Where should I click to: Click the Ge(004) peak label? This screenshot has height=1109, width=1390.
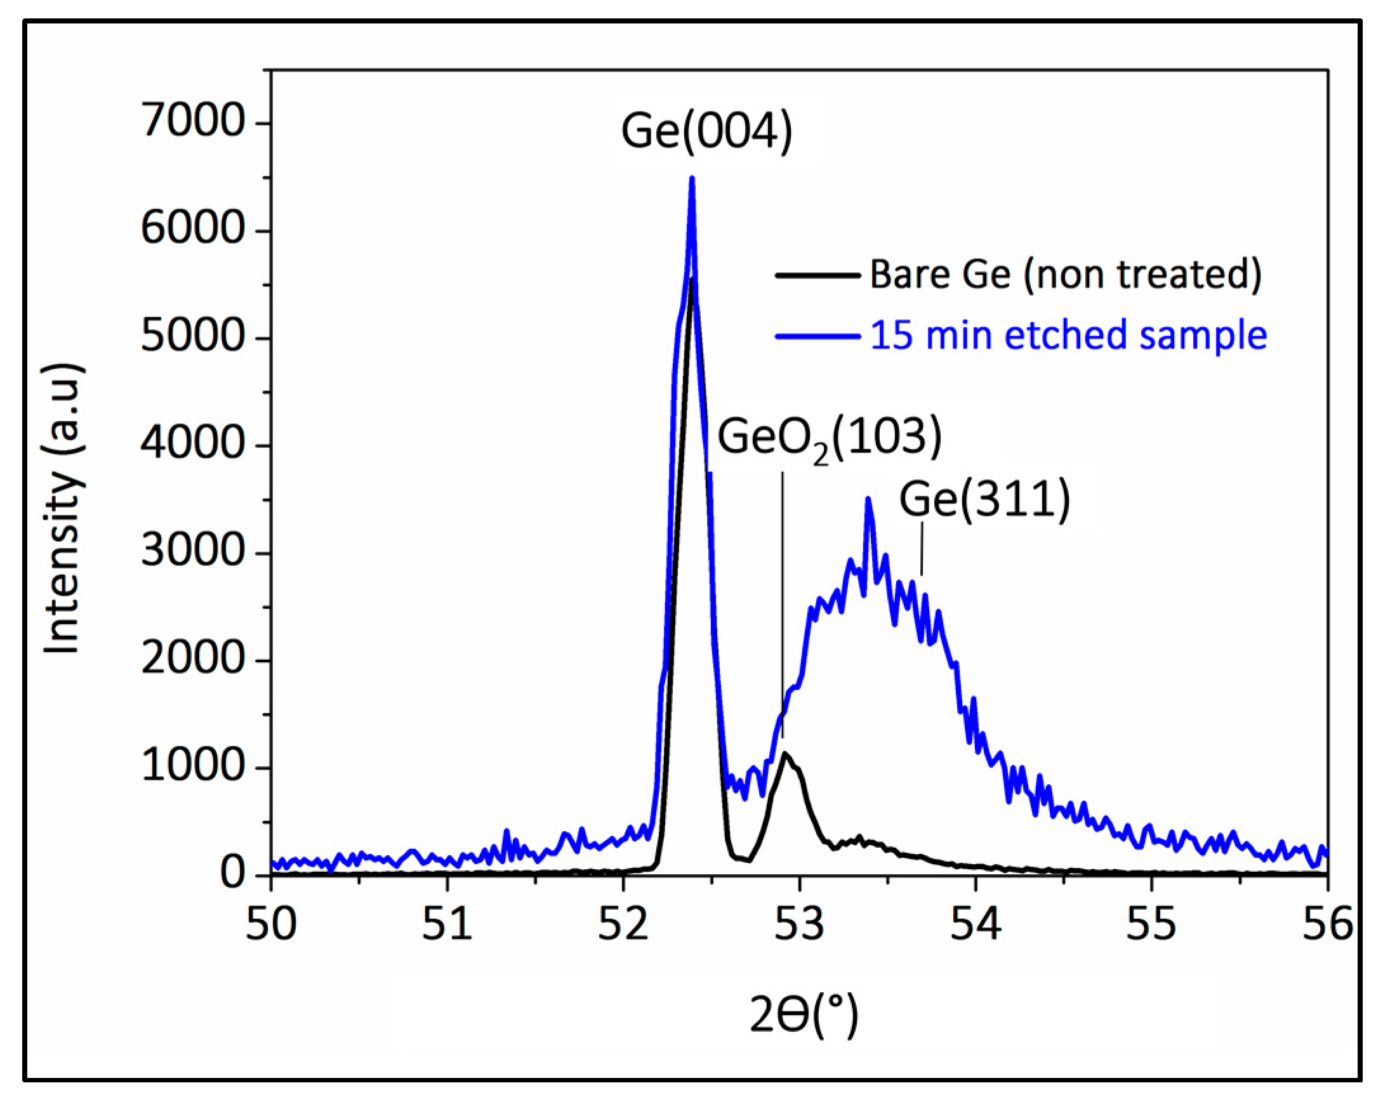pyautogui.click(x=706, y=131)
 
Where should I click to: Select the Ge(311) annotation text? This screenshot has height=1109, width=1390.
pyautogui.click(x=984, y=499)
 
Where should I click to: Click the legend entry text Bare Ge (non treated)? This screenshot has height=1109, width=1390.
pyautogui.click(x=1066, y=275)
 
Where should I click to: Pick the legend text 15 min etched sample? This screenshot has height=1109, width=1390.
pyautogui.click(x=1068, y=336)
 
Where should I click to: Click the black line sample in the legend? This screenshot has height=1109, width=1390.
pyautogui.click(x=817, y=275)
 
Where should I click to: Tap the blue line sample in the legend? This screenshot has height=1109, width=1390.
pyautogui.click(x=817, y=336)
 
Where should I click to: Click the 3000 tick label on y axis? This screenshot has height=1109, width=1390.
pyautogui.click(x=193, y=552)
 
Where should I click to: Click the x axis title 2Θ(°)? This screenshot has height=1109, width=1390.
pyautogui.click(x=804, y=1014)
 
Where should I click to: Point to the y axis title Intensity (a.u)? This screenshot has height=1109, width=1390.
pyautogui.click(x=63, y=509)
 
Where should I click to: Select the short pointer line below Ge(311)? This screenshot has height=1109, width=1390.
pyautogui.click(x=922, y=548)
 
